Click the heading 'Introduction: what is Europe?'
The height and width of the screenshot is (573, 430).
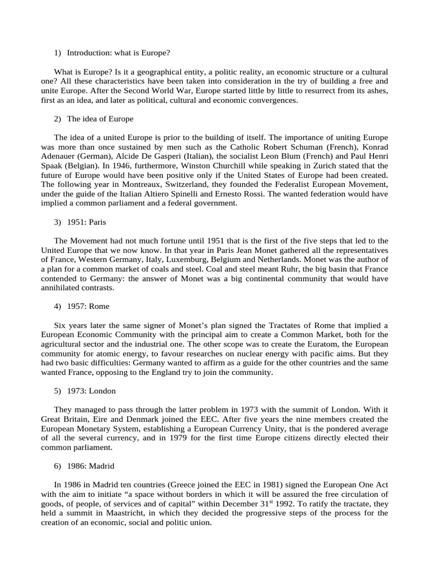pyautogui.click(x=118, y=53)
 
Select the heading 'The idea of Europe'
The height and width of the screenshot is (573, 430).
pyautogui.click(x=100, y=119)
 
